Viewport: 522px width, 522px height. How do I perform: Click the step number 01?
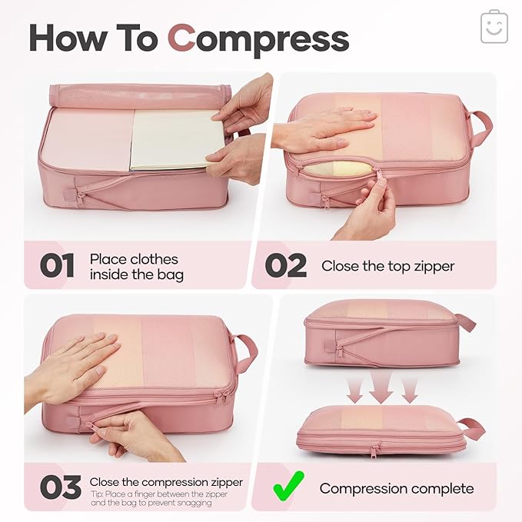[x=58, y=265]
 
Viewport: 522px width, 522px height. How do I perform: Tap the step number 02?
[x=286, y=265]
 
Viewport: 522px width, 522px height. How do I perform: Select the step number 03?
[x=60, y=487]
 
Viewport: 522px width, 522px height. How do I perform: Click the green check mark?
[x=287, y=487]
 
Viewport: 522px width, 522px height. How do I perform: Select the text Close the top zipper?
[x=387, y=266]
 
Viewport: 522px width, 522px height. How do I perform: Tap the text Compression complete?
[x=396, y=488]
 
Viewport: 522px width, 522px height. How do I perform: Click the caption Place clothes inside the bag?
[x=136, y=266]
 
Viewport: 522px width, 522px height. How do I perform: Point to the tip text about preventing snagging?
[x=158, y=499]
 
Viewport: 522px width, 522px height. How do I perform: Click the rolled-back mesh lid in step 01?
[x=138, y=95]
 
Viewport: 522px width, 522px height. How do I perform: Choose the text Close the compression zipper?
[x=166, y=482]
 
